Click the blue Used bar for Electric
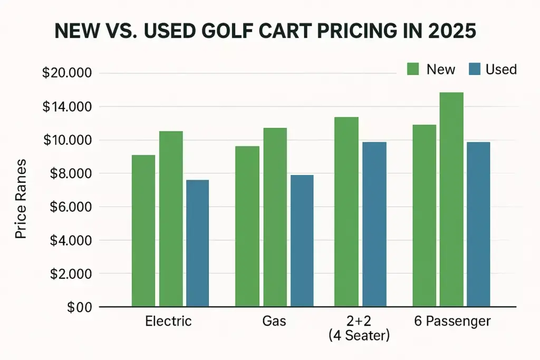point(197,243)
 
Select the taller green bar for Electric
point(171,219)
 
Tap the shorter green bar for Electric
point(143,230)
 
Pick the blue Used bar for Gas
point(302,240)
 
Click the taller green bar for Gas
point(275,217)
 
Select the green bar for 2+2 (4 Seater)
point(346,211)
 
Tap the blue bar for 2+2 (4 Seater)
point(374,224)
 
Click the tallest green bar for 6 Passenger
point(451,199)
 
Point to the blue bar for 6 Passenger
point(478,224)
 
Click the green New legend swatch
point(412,69)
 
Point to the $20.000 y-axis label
point(67,73)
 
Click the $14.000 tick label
point(67,107)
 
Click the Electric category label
point(168,321)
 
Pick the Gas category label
point(274,321)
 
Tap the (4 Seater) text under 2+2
point(359,335)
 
